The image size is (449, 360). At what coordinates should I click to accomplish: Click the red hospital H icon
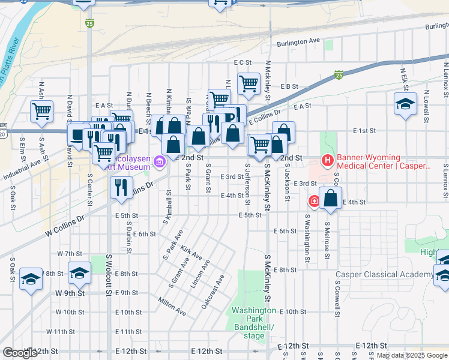[x=328, y=160]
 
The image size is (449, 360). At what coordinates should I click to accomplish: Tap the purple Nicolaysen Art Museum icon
[x=160, y=161]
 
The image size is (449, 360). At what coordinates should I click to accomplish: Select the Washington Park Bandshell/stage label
[x=255, y=323]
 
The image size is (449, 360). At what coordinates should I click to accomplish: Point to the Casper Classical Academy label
[x=384, y=275]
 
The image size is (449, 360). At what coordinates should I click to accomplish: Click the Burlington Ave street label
[x=298, y=43]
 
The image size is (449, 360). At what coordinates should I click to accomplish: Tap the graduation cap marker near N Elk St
[x=405, y=103]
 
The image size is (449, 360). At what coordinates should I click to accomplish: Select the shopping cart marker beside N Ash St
[x=41, y=110]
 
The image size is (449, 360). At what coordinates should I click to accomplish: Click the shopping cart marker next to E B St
[x=249, y=83]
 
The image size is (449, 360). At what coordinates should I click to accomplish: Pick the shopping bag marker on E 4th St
[x=330, y=198]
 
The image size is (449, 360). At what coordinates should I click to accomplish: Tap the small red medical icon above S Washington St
[x=313, y=201]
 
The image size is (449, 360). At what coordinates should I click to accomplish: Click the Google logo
[x=20, y=353]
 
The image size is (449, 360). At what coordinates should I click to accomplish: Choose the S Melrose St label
[x=326, y=238]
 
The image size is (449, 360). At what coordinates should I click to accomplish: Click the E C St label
[x=242, y=62]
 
